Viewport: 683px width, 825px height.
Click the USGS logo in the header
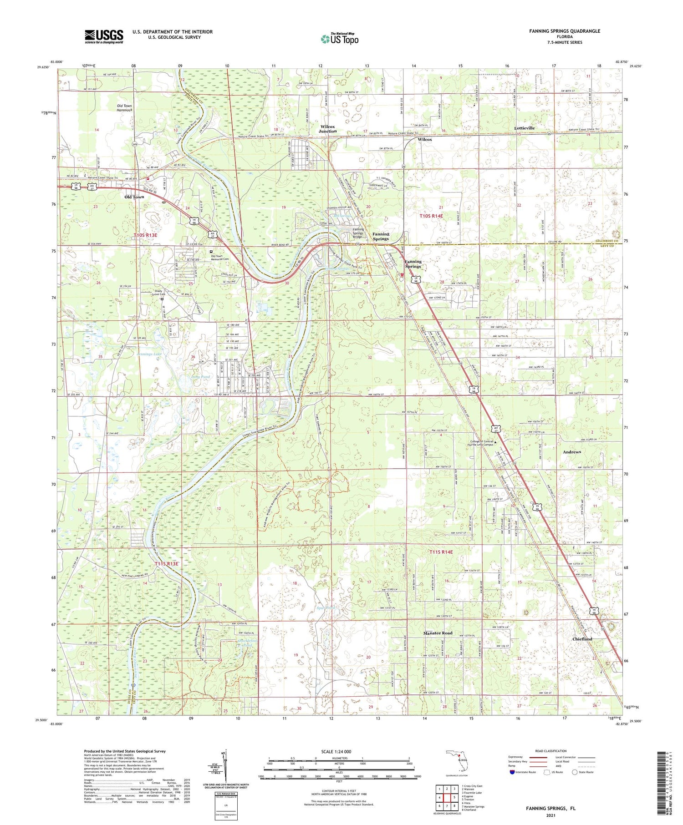pyautogui.click(x=104, y=36)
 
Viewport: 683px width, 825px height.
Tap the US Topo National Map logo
pyautogui.click(x=339, y=39)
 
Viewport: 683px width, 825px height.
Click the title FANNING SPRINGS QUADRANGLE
pyautogui.click(x=564, y=31)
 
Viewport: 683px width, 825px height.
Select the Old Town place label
pyautogui.click(x=134, y=197)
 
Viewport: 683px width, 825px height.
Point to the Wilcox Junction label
pyautogui.click(x=327, y=129)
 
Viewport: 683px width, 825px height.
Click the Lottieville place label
pyautogui.click(x=524, y=128)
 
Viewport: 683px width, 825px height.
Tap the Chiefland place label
pyautogui.click(x=582, y=639)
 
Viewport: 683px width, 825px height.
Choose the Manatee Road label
pyautogui.click(x=438, y=633)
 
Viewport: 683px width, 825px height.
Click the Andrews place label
pyautogui.click(x=571, y=452)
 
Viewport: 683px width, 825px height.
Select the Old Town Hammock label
pyautogui.click(x=124, y=108)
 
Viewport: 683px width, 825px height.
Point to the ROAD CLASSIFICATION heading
pyautogui.click(x=551, y=751)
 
